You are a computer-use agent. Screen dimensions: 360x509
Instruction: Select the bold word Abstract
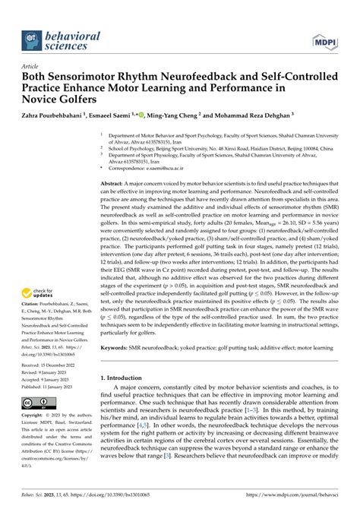(115, 185)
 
